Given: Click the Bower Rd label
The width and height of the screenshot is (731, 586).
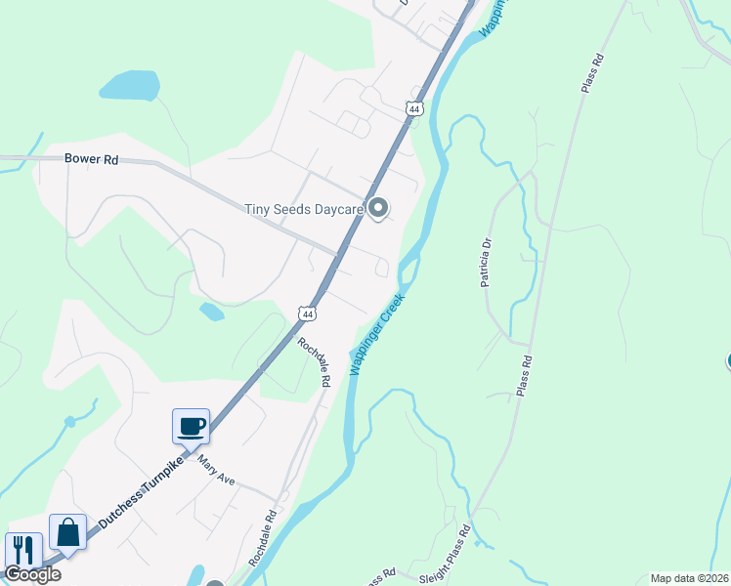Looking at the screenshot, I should point(91,157).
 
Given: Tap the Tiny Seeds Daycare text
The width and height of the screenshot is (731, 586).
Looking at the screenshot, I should point(303,209).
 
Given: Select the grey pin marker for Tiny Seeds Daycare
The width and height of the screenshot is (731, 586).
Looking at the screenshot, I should point(378,208).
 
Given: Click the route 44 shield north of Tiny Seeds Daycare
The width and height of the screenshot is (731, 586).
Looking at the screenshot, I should point(414,109).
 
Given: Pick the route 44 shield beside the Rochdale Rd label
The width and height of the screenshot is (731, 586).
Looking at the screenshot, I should point(308,314).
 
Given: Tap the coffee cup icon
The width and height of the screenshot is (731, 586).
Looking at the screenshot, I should point(191,426).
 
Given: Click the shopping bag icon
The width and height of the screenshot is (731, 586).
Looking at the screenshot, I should point(67,532).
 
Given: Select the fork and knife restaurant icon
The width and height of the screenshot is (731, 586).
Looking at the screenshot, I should point(22,550).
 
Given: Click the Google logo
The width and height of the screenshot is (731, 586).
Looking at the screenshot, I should point(32,573).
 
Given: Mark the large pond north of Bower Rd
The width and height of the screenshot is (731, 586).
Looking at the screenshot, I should point(129,86).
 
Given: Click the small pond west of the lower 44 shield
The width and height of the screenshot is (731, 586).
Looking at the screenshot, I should point(211,312).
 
